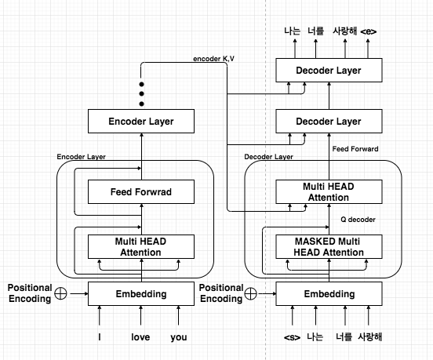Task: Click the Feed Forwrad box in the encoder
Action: click(141, 191)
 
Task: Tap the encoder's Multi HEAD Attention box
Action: click(141, 246)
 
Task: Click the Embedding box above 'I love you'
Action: click(141, 294)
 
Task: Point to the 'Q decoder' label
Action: click(359, 220)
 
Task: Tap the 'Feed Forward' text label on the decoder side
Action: click(355, 148)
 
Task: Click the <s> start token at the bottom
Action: click(291, 338)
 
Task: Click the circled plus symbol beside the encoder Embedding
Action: click(61, 295)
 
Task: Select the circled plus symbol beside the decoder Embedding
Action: click(250, 295)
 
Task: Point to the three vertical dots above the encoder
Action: click(141, 93)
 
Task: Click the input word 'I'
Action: click(100, 338)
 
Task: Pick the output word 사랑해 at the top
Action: click(344, 31)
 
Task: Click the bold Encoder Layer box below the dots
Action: click(141, 122)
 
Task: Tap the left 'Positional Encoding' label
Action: click(27, 293)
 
